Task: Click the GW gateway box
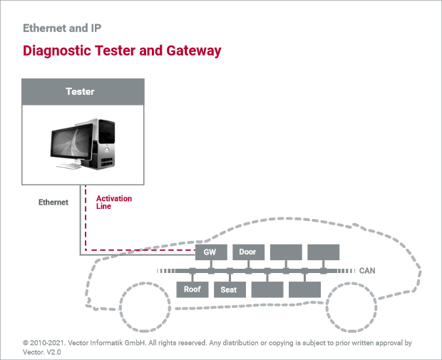[x=211, y=252]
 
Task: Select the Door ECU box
[x=248, y=252]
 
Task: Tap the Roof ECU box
[x=192, y=289]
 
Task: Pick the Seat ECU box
[x=230, y=289]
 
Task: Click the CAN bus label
[x=367, y=271]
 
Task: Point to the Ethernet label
[x=53, y=202]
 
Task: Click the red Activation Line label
[x=114, y=202]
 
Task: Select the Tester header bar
[x=83, y=92]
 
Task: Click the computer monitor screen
[x=71, y=140]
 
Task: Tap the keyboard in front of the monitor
[x=69, y=166]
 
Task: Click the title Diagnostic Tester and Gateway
[x=122, y=51]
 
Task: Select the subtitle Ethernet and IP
[x=62, y=29]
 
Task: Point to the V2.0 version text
[x=53, y=352]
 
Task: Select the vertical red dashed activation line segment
[x=86, y=217]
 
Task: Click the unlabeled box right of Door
[x=286, y=252]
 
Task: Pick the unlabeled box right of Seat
[x=267, y=289]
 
